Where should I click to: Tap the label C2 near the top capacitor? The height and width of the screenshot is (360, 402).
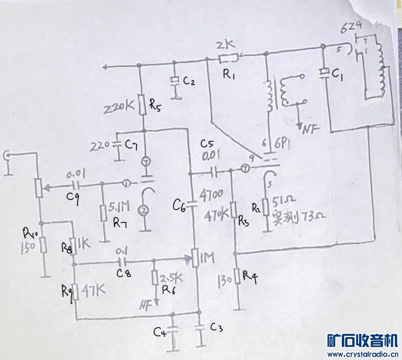coord(189,81)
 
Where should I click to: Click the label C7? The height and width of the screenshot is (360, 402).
coord(131,145)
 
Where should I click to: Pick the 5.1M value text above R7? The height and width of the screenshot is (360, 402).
coord(120,207)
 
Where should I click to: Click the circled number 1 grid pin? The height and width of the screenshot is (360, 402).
coord(127,184)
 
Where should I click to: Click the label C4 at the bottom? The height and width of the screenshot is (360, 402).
coord(160,333)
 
